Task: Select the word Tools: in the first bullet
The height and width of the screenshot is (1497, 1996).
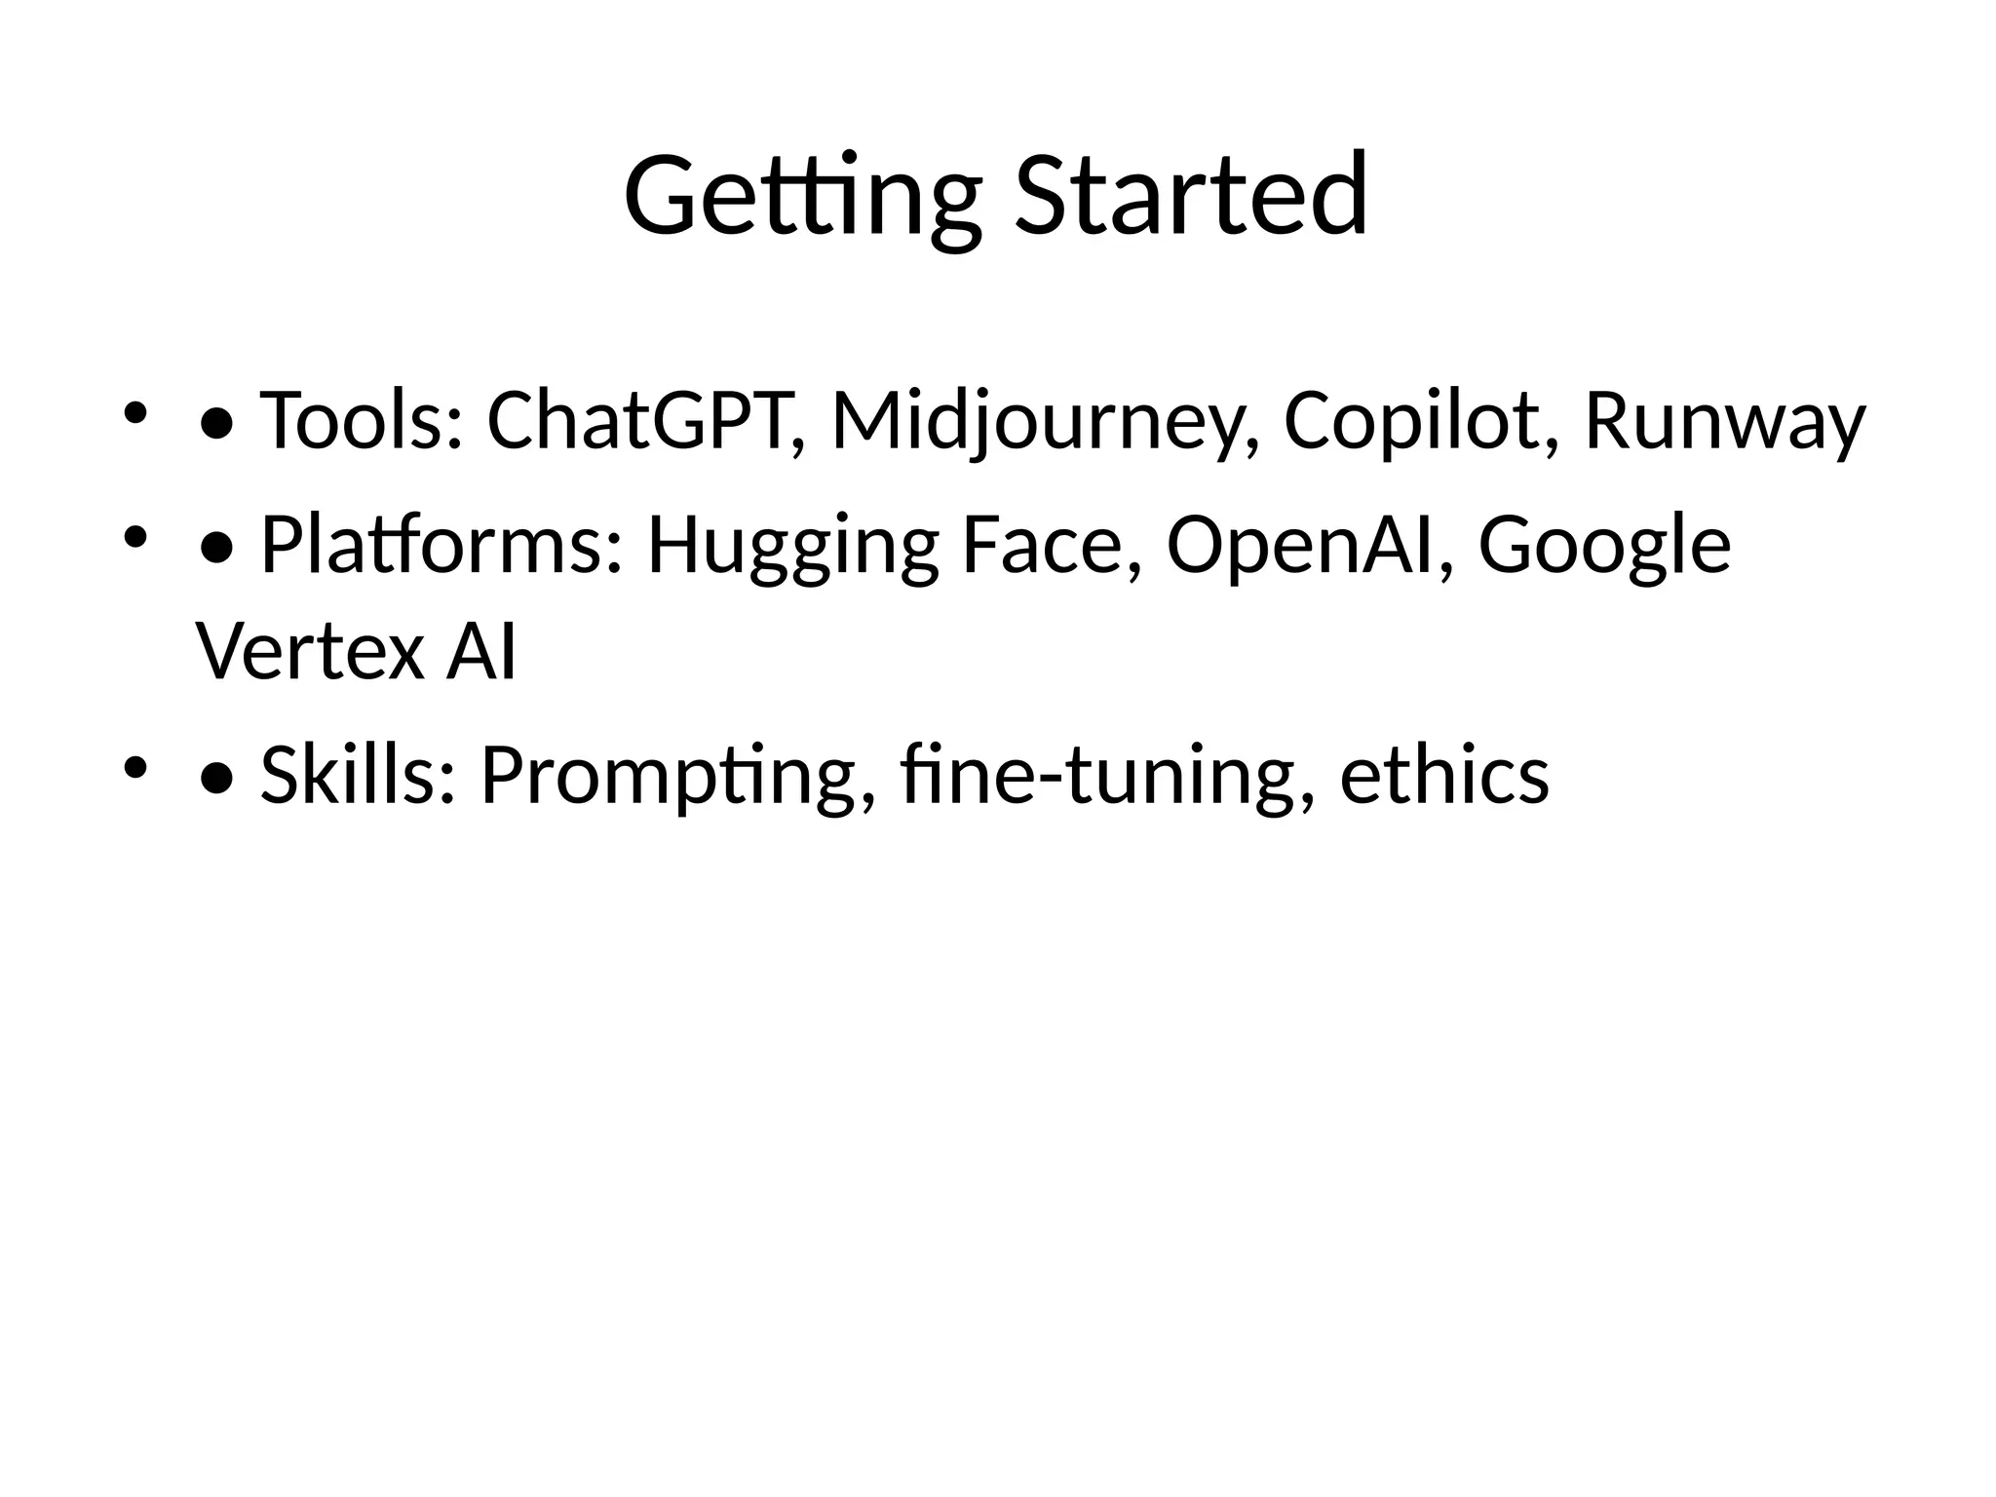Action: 361,421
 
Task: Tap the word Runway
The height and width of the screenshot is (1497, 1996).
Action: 1724,421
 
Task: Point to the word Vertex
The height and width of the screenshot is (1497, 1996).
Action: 309,652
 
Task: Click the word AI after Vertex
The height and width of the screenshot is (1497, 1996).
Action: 481,652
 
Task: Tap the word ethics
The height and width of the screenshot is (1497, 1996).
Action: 1443,776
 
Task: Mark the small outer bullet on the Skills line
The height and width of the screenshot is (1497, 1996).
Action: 134,768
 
